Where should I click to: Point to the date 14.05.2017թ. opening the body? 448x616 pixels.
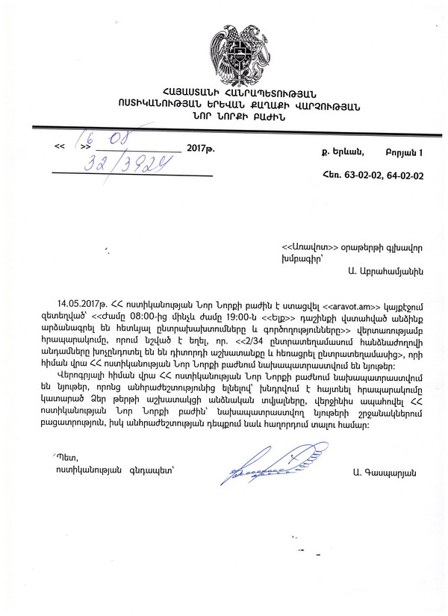pyautogui.click(x=81, y=304)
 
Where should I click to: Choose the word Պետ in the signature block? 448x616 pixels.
pyautogui.click(x=67, y=455)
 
